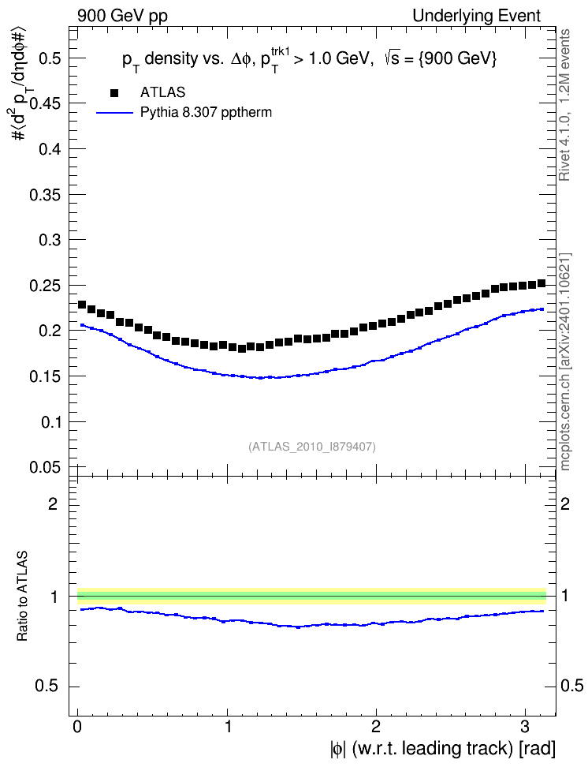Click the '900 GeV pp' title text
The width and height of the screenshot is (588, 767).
(x=122, y=16)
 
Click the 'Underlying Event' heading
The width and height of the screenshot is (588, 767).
(x=477, y=16)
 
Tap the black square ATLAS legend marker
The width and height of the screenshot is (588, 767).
(x=114, y=92)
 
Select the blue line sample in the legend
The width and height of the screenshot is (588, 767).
(x=114, y=113)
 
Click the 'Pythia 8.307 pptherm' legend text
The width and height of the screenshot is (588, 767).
(x=206, y=113)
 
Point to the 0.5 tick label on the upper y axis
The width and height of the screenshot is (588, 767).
(x=50, y=58)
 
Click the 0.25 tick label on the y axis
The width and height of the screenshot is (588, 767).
(x=46, y=286)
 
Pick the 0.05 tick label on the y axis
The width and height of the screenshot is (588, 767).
(x=46, y=467)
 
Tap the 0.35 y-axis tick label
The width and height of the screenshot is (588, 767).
(x=46, y=195)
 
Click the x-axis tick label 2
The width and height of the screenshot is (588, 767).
(x=375, y=727)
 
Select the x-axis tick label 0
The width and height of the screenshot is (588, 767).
(x=77, y=727)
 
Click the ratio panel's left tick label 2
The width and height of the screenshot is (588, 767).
(x=53, y=503)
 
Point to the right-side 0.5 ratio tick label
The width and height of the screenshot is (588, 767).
(x=571, y=686)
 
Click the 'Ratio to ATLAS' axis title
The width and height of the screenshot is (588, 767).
(x=22, y=596)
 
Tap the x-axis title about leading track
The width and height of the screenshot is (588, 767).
(x=443, y=749)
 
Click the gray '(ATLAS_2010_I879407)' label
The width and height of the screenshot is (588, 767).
(x=312, y=447)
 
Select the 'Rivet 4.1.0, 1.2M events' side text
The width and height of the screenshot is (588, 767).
(x=564, y=105)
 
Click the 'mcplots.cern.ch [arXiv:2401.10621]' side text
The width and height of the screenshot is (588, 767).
(x=565, y=361)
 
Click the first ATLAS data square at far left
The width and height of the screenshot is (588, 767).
(x=82, y=305)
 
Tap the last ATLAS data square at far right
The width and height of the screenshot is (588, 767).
(x=541, y=283)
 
